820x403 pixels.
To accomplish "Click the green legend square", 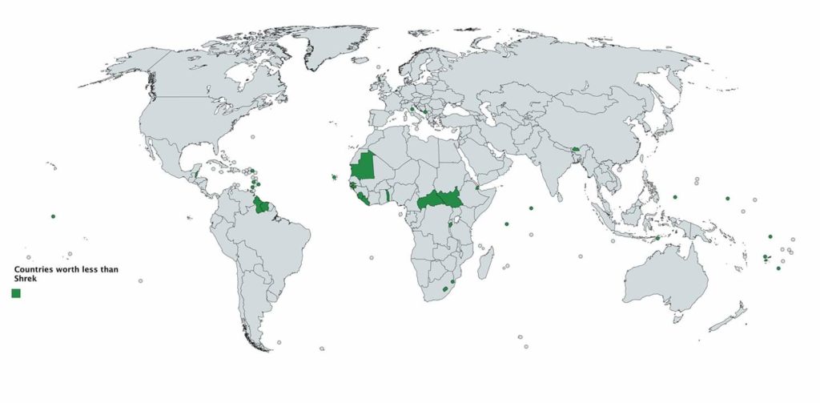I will click(x=16, y=293).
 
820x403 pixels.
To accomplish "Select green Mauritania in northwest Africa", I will click(x=365, y=166).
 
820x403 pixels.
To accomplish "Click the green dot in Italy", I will click(x=412, y=109).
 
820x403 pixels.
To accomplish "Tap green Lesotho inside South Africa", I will click(x=445, y=288).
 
